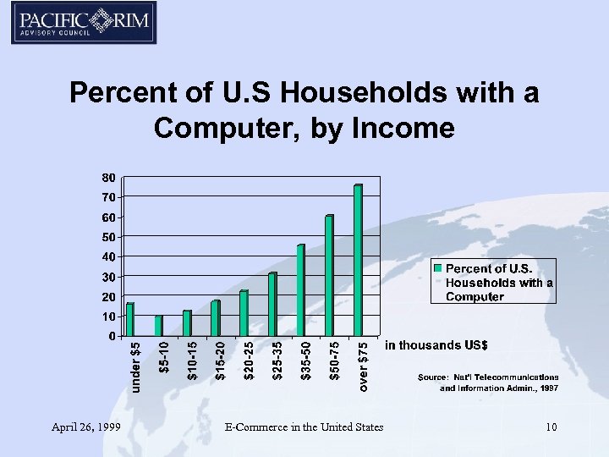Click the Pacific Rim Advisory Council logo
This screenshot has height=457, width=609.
(83, 23)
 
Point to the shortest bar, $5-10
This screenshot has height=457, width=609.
(158, 325)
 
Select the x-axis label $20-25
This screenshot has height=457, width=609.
(249, 360)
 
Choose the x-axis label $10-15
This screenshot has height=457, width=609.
(192, 360)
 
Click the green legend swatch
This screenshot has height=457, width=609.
(438, 268)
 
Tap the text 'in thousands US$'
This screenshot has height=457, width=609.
(436, 345)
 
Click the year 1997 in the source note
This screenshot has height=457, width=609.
(548, 388)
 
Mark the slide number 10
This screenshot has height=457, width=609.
(551, 427)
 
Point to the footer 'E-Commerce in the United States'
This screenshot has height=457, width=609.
(304, 427)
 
